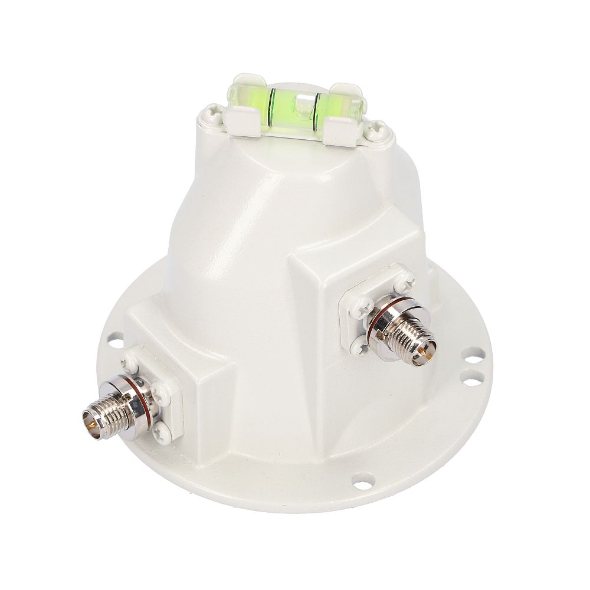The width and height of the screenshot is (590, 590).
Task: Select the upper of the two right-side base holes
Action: click(470, 356)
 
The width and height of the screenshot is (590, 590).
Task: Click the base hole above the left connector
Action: click(113, 340)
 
